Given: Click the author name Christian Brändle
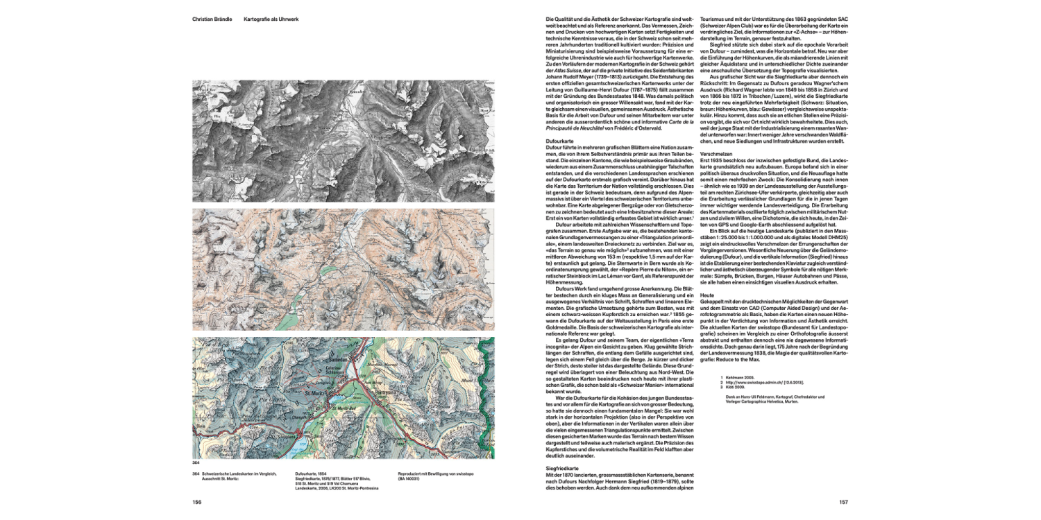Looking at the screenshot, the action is point(212,19).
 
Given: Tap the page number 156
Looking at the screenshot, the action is point(198,503).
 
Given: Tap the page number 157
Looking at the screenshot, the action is point(844,503).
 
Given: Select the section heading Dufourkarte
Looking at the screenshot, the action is point(560,141).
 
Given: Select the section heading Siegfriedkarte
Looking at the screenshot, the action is point(563,469).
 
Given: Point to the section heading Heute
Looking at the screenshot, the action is point(707,294).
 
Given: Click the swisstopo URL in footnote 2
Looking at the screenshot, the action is point(762,382).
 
